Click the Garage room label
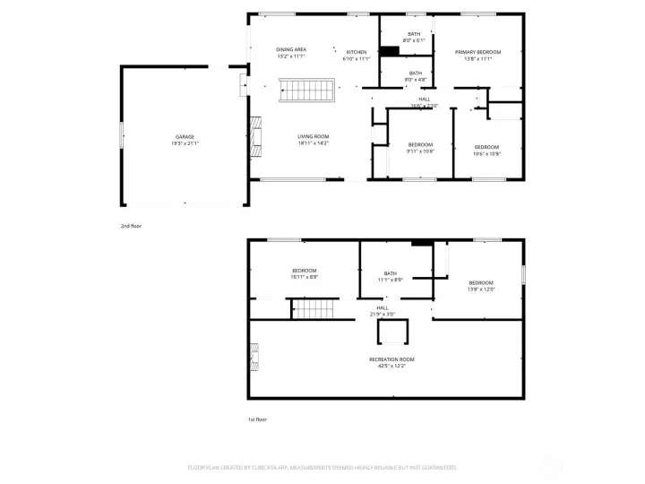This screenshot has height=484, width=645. pos(185,140)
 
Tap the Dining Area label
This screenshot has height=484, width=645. pos(291,53)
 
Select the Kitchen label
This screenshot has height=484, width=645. pos(357,56)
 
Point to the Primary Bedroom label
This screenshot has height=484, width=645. pos(477,56)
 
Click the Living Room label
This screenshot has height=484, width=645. pos(314,140)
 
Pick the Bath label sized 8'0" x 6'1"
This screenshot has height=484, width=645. pos(414,37)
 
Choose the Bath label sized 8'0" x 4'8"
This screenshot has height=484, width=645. pos(416,76)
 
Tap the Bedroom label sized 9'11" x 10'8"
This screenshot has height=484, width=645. pos(420,148)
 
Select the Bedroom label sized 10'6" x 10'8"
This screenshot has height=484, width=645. pos(486,150)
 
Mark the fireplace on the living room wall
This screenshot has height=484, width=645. pos(254,134)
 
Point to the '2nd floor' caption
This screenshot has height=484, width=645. pos(131,226)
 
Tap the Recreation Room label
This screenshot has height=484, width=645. pos(391,362)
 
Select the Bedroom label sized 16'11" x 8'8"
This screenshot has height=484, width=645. pos(304,273)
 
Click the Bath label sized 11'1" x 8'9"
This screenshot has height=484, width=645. pos(391,276)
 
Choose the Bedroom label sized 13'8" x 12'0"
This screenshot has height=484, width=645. pos(481,286)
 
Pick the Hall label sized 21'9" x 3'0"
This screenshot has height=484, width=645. pos(383,310)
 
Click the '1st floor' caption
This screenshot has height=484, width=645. pos(257,419)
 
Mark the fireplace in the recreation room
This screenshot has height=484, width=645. pos(254,358)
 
